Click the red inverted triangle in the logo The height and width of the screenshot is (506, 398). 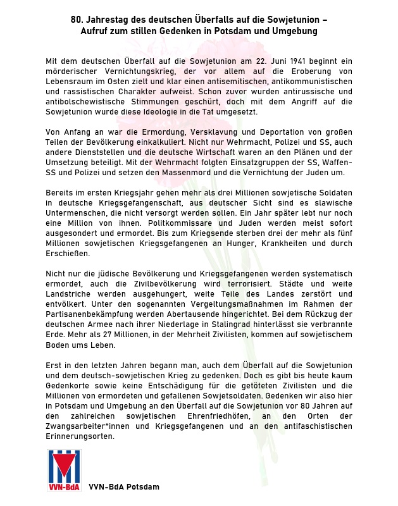[63, 467]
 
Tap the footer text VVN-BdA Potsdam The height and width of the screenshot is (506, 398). [124, 487]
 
